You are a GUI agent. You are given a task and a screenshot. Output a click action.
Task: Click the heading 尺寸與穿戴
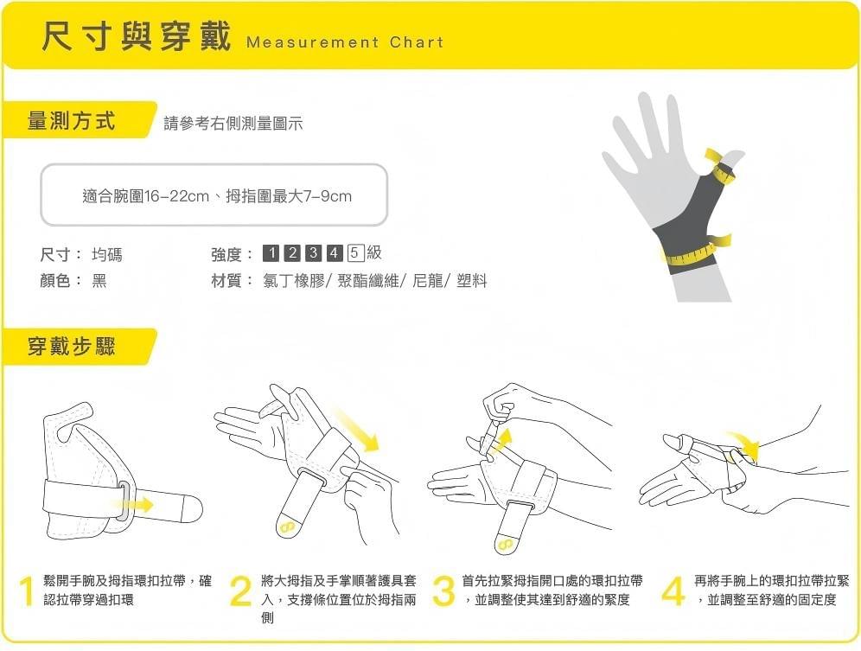point(137,38)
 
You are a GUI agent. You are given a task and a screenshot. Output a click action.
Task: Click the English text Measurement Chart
point(344,42)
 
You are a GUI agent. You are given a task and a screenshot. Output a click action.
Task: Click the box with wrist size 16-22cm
point(214,196)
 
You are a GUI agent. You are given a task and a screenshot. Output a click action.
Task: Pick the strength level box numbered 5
point(355,253)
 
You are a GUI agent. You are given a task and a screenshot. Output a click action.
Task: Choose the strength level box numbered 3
point(313,253)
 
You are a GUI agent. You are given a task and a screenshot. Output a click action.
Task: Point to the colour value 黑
point(99,281)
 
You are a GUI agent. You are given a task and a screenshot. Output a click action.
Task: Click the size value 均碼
point(107,254)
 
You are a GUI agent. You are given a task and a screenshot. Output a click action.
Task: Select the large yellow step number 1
point(27,592)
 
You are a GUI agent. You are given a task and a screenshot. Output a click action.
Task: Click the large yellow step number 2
point(240,592)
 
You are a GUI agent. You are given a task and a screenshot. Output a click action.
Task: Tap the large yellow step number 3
point(443,592)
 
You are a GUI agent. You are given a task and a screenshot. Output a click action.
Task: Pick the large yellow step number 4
point(673,592)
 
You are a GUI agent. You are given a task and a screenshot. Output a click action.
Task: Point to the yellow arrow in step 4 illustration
point(743,444)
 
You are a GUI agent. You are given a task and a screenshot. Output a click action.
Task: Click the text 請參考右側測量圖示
point(233,124)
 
